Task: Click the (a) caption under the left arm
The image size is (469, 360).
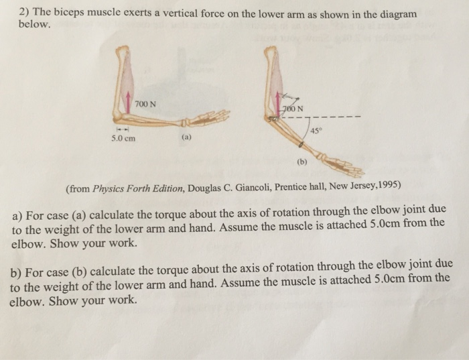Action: (x=186, y=140)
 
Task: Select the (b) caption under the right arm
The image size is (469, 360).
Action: (x=301, y=162)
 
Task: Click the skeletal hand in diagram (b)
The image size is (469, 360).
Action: (x=332, y=162)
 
